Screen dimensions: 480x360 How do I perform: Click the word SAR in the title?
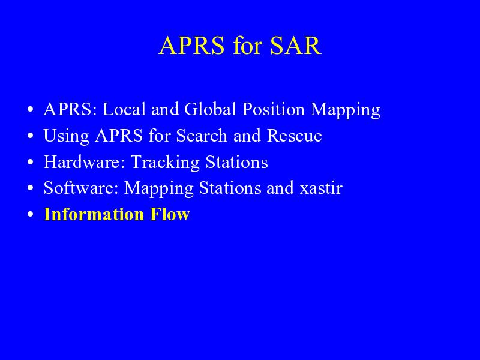(x=296, y=46)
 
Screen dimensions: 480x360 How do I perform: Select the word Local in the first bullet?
(x=124, y=109)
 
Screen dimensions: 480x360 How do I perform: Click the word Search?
(x=202, y=136)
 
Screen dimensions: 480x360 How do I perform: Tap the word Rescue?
(x=294, y=136)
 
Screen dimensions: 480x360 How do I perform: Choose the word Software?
(x=81, y=188)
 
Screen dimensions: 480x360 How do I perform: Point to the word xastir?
(x=321, y=188)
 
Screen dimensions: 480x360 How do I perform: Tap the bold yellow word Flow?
(x=170, y=214)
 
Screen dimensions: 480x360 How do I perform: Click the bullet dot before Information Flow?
(x=30, y=214)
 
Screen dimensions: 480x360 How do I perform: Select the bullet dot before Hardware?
(x=30, y=162)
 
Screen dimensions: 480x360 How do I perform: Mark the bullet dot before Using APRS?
(x=30, y=136)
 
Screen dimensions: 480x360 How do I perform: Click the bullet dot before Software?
(x=30, y=188)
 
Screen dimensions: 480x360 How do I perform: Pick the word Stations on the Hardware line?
(x=236, y=161)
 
